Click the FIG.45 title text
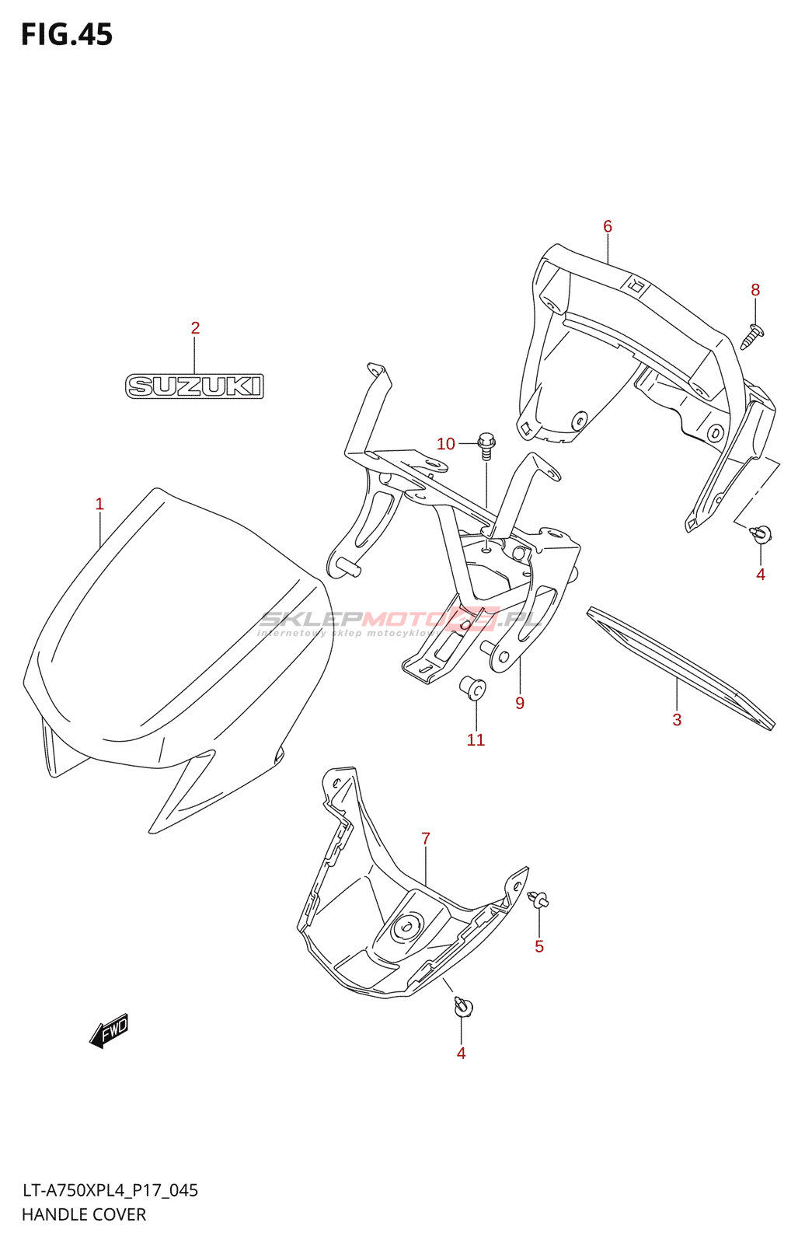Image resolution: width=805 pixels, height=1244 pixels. (x=67, y=35)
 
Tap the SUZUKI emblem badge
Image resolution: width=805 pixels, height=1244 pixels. (x=194, y=386)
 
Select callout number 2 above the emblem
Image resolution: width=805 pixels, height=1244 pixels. (x=195, y=328)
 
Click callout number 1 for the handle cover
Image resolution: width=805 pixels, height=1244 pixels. (x=99, y=504)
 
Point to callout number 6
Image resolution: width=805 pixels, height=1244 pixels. (x=608, y=226)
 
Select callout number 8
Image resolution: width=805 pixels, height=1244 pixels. (x=755, y=290)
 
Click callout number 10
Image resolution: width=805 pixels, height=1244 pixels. (x=446, y=444)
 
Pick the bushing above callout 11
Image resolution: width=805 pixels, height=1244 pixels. (x=472, y=688)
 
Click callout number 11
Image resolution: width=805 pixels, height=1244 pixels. (x=476, y=740)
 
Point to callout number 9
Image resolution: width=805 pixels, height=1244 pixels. (x=520, y=704)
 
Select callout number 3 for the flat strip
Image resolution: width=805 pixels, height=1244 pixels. (x=677, y=720)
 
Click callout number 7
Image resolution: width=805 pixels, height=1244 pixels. (x=426, y=839)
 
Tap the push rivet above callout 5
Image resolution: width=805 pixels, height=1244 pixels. (x=538, y=900)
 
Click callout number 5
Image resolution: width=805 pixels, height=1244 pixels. (x=539, y=946)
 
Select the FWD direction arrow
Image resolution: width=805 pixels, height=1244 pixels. (x=110, y=1031)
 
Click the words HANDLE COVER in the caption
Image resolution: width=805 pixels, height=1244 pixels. (x=84, y=1214)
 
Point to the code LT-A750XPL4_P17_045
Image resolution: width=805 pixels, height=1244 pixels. (x=110, y=1190)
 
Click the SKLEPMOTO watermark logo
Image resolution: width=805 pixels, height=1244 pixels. (x=400, y=620)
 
